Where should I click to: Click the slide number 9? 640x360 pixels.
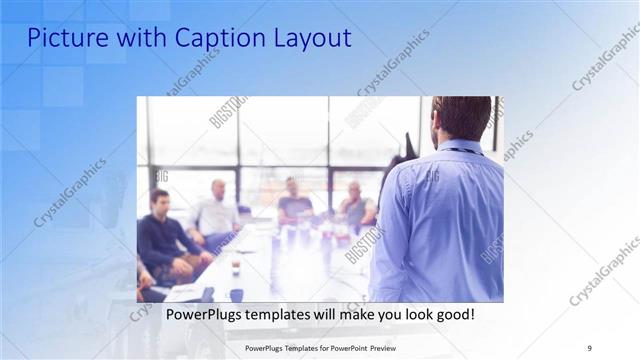coord(589,348)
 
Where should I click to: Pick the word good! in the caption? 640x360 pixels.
coord(453,314)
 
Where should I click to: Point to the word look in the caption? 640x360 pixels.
coord(411,314)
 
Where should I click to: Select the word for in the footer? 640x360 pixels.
coord(321,348)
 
